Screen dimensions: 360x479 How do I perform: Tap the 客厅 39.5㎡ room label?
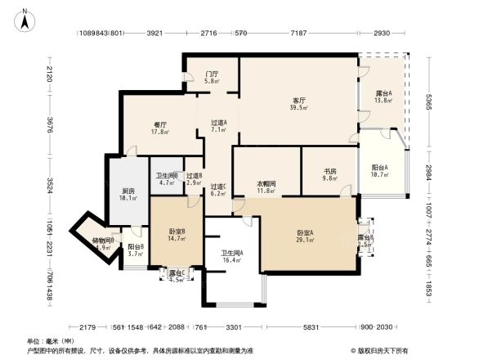click(x=299, y=104)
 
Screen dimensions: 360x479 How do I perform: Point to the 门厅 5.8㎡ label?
click(x=211, y=78)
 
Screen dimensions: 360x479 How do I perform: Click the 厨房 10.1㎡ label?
click(x=128, y=194)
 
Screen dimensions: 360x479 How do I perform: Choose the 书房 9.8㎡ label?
click(x=329, y=173)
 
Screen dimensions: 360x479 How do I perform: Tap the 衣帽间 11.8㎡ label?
click(x=266, y=187)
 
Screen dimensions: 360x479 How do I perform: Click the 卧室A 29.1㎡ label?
click(x=306, y=236)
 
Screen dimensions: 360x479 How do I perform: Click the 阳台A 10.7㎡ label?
click(x=379, y=170)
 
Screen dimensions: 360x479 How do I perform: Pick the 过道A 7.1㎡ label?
click(x=218, y=126)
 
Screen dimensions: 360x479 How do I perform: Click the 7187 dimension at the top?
click(x=298, y=34)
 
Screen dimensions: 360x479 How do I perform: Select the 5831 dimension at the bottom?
click(x=310, y=327)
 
